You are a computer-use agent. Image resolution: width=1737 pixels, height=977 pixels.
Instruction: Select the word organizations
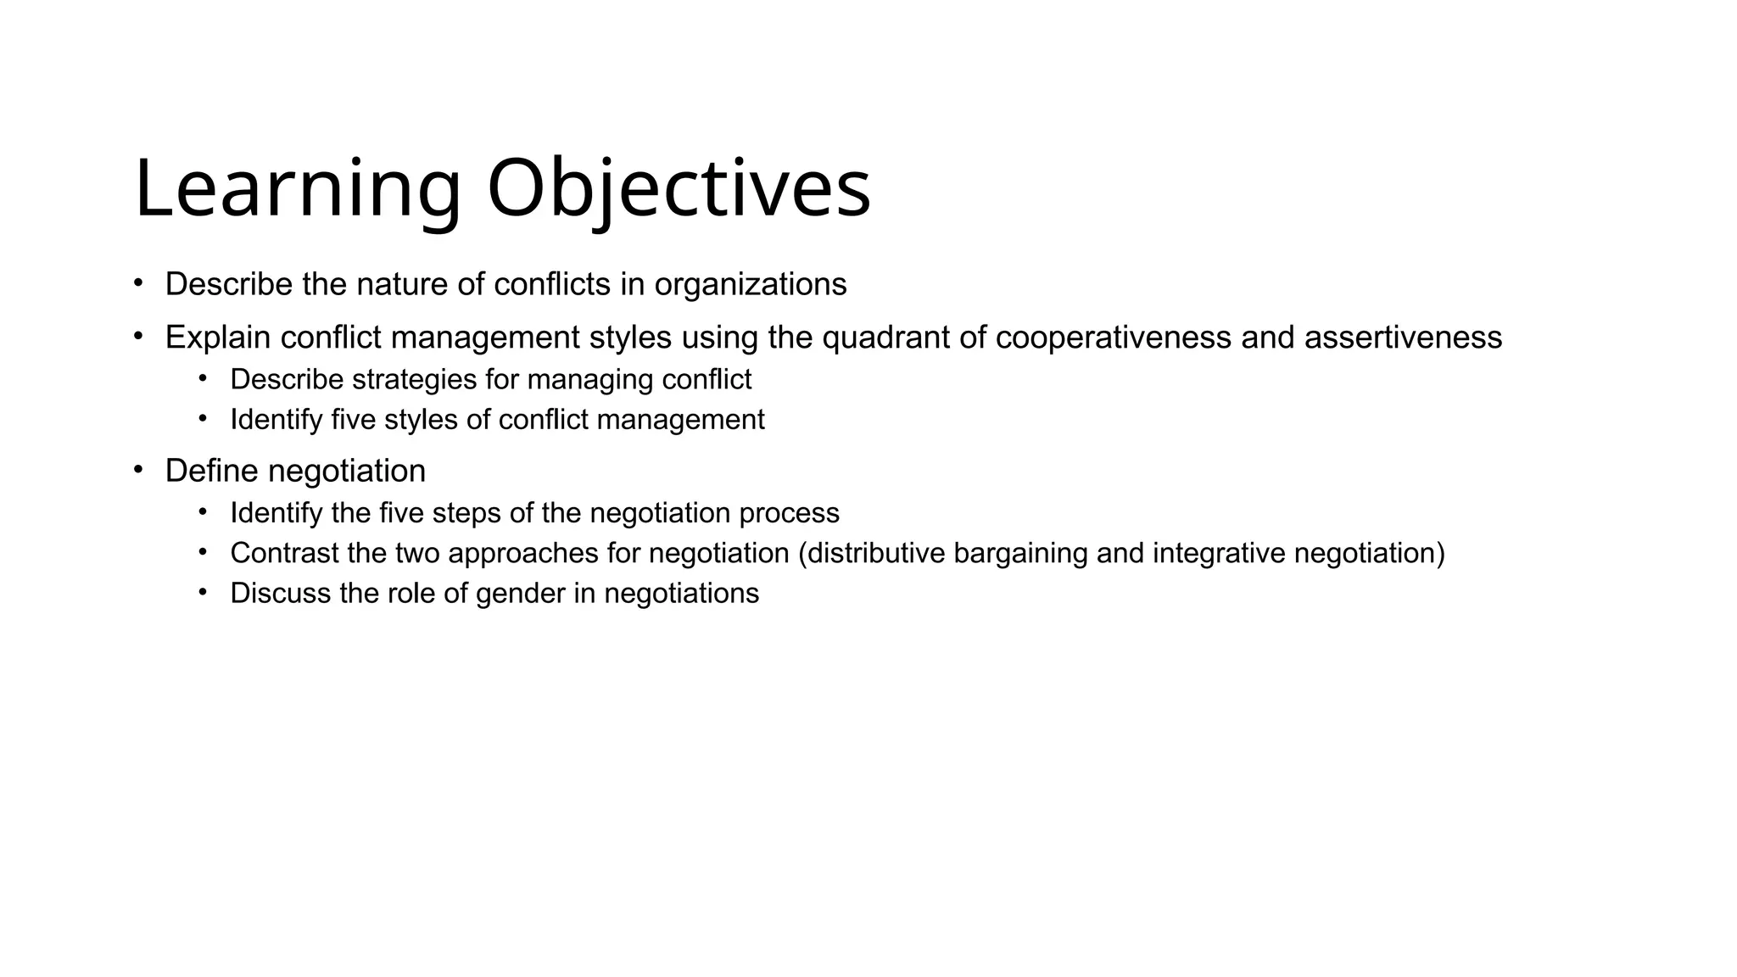[751, 285]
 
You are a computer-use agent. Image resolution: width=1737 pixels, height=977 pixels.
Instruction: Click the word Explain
[218, 338]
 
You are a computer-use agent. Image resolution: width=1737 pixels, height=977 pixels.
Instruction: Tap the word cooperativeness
[1113, 338]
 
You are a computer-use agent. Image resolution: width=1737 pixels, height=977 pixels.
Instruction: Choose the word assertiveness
[1403, 338]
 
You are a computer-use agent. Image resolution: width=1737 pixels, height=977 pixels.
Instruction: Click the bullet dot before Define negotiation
[138, 469]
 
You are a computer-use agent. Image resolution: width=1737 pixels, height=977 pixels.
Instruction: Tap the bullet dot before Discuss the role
[203, 591]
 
